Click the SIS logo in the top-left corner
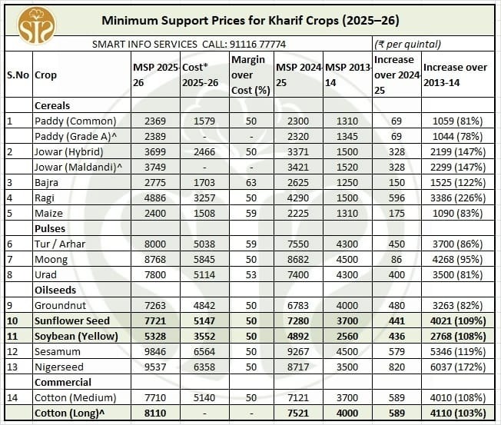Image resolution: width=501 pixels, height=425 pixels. [36, 26]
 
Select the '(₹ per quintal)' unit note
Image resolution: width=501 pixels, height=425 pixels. [407, 45]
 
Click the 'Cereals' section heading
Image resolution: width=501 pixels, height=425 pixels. [52, 105]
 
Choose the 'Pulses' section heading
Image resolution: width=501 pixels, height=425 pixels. [49, 228]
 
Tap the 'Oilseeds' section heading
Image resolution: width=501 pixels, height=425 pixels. [54, 290]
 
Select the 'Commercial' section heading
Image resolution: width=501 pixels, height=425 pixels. [63, 382]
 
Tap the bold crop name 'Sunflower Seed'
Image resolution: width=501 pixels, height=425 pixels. [72, 320]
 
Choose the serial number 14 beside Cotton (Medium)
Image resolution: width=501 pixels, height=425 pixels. [12, 397]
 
